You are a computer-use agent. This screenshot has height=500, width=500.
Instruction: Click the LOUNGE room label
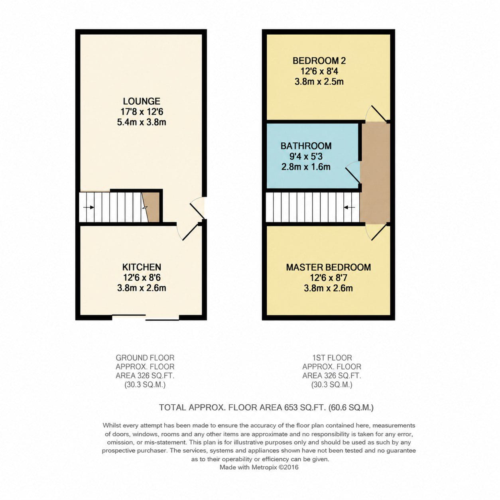(142, 101)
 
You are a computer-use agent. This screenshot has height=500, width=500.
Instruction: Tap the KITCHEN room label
(142, 267)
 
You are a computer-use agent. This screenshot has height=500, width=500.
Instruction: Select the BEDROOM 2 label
(319, 61)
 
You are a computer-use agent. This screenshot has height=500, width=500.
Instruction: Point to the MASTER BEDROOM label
(329, 267)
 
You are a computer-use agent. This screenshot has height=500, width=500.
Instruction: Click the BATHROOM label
(306, 146)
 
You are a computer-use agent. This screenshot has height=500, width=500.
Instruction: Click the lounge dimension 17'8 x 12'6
(142, 112)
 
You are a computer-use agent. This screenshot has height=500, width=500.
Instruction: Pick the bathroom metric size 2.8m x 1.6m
(306, 167)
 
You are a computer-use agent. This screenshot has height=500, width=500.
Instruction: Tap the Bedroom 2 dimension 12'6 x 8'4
(319, 71)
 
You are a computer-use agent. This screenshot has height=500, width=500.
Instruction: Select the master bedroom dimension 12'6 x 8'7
(329, 278)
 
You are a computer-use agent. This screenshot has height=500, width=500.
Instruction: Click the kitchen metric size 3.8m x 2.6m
(142, 288)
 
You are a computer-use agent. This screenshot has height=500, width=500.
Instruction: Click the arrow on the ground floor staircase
(89, 207)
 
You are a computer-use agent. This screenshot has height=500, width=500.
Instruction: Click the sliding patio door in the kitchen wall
(145, 317)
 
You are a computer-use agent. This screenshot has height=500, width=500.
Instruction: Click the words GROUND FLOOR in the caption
(145, 358)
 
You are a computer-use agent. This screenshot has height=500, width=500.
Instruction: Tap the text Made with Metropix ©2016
(259, 467)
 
